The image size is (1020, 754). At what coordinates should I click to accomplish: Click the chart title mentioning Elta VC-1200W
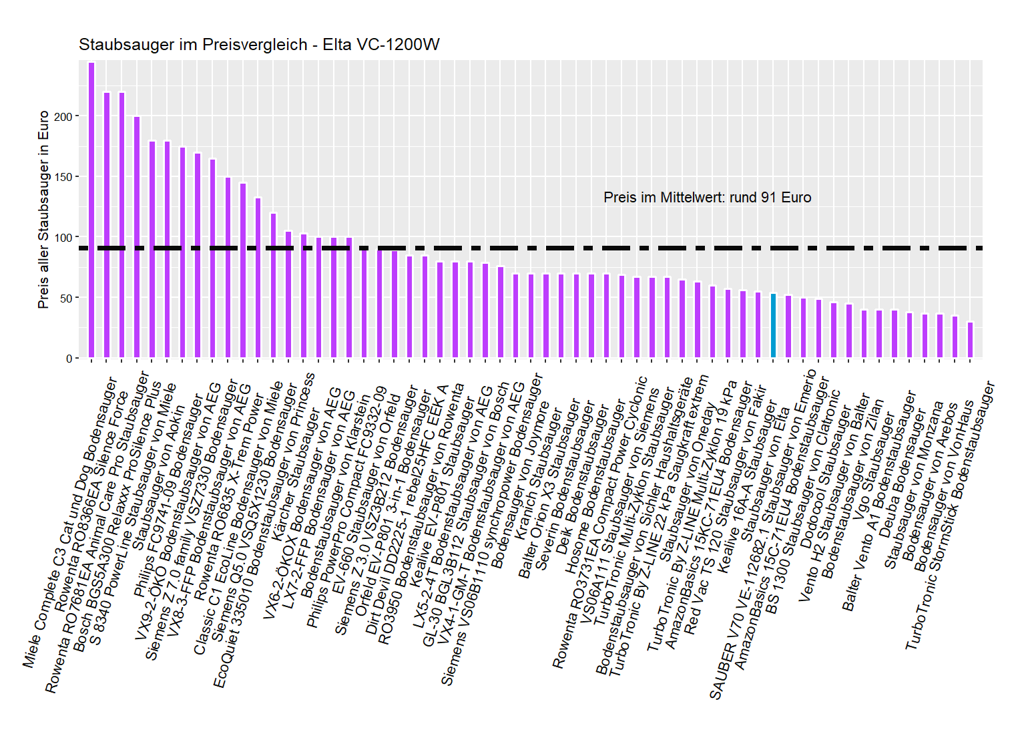pyautogui.click(x=259, y=45)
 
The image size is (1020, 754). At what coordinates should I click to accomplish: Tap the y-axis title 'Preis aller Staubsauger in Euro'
pyautogui.click(x=44, y=209)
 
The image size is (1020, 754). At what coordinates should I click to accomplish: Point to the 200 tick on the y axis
pyautogui.click(x=63, y=117)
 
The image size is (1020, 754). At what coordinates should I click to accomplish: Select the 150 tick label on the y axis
pyautogui.click(x=63, y=177)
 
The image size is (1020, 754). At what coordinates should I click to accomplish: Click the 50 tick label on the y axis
pyautogui.click(x=66, y=298)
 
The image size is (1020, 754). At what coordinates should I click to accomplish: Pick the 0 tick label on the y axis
pyautogui.click(x=69, y=359)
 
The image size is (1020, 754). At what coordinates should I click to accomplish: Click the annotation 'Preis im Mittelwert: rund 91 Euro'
pyautogui.click(x=707, y=198)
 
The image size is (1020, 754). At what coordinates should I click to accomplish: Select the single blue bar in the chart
pyautogui.click(x=773, y=326)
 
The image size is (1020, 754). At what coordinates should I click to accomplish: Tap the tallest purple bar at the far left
pyautogui.click(x=91, y=210)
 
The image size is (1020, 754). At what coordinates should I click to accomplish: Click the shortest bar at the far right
pyautogui.click(x=970, y=341)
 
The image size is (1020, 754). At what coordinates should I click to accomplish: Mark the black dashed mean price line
pyautogui.click(x=534, y=248)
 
